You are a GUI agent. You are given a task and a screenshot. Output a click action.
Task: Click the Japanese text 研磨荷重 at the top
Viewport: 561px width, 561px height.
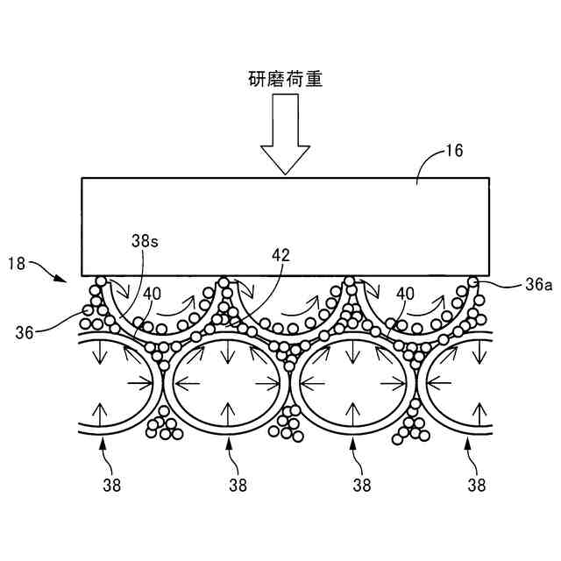click(x=286, y=79)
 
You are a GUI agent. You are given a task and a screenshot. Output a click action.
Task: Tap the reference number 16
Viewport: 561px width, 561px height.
click(x=453, y=150)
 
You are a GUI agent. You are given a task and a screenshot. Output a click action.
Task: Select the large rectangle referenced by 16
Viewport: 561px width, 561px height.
click(x=286, y=226)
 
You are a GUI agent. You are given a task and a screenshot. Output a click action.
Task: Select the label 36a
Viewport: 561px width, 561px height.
click(x=515, y=284)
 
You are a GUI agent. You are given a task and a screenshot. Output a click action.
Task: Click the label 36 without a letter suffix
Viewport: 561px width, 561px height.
click(x=25, y=330)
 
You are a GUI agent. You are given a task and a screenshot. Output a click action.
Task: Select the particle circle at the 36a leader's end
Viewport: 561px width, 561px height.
click(x=473, y=282)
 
